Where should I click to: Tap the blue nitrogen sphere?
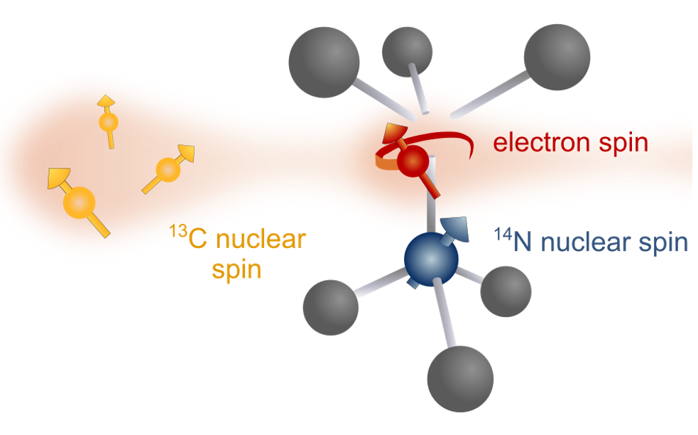(x=431, y=260)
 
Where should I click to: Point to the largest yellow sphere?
(x=79, y=203)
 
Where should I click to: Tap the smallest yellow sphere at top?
(x=108, y=123)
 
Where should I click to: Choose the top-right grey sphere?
(x=557, y=57)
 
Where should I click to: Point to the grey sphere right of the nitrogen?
(x=506, y=291)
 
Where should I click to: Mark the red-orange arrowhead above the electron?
(x=395, y=134)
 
